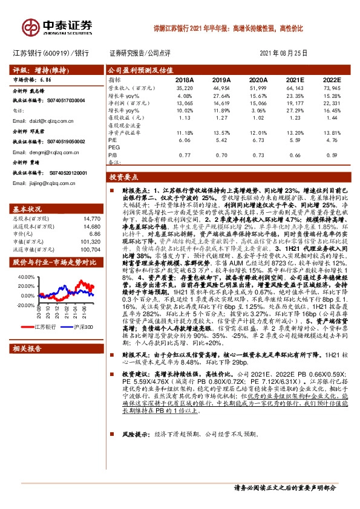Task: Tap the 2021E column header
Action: point(295,79)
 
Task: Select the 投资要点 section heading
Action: point(123,179)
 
